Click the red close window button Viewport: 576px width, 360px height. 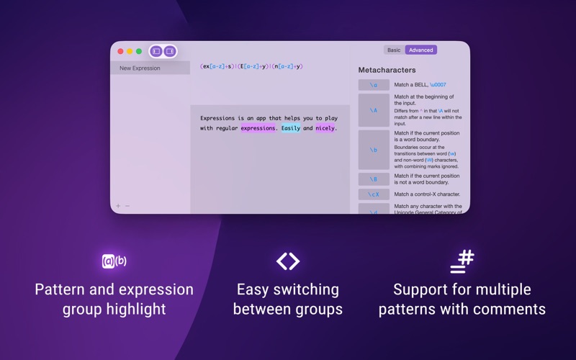coord(120,51)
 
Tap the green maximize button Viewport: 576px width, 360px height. coord(139,51)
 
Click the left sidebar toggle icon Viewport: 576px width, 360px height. coord(156,51)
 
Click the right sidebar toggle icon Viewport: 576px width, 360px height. coord(170,51)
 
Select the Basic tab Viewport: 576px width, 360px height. coord(394,50)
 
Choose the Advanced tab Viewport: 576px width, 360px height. coord(420,50)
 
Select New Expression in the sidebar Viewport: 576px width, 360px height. coord(140,68)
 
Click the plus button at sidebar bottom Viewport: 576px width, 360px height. coord(119,206)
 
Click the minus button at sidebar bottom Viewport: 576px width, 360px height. coord(128,206)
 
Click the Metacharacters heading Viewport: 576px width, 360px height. coord(387,70)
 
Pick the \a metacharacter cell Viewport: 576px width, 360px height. coord(374,85)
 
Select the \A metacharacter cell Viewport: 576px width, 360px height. coord(374,110)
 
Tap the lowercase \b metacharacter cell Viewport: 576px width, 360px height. coord(374,150)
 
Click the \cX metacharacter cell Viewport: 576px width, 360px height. coord(374,194)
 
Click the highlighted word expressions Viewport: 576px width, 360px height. coord(258,128)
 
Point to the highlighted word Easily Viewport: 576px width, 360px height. coord(291,128)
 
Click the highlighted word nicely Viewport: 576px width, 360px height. coord(325,128)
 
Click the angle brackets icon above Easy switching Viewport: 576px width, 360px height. coord(288,261)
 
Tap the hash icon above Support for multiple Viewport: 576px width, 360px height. coord(462,261)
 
